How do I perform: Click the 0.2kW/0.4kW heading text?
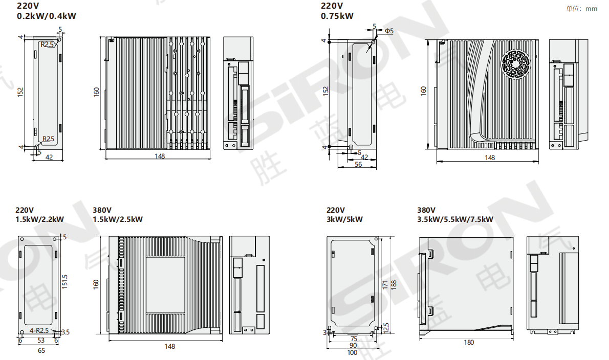(47, 16)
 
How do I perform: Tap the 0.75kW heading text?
(337, 16)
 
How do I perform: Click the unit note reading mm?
(591, 9)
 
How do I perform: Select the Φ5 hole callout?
(389, 31)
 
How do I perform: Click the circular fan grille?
(516, 64)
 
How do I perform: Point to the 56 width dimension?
(358, 165)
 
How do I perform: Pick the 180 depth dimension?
(469, 343)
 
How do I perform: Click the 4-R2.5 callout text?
(39, 330)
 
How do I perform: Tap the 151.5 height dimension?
(65, 282)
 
